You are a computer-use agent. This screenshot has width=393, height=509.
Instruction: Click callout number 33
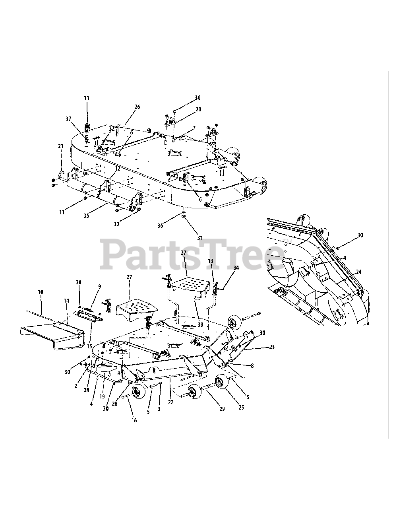tap(87, 98)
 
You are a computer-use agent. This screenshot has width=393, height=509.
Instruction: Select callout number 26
tap(137, 107)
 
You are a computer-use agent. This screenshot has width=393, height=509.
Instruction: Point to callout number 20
tap(198, 109)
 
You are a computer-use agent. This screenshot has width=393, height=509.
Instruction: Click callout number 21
tap(61, 146)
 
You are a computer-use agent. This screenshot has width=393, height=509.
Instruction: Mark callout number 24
tap(358, 272)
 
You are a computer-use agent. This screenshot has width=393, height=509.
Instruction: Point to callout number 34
tap(236, 268)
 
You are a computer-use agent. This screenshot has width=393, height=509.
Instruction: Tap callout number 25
tap(241, 408)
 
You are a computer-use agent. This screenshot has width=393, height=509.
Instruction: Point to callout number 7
tap(194, 128)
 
